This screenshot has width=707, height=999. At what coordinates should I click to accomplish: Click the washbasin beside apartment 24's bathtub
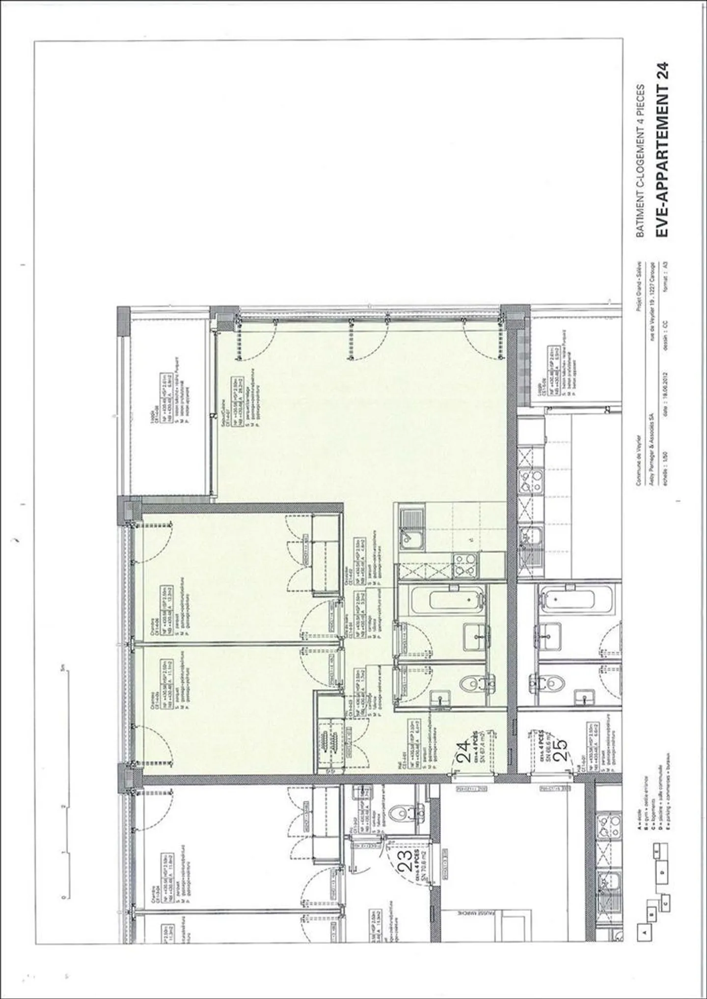coord(473,634)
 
